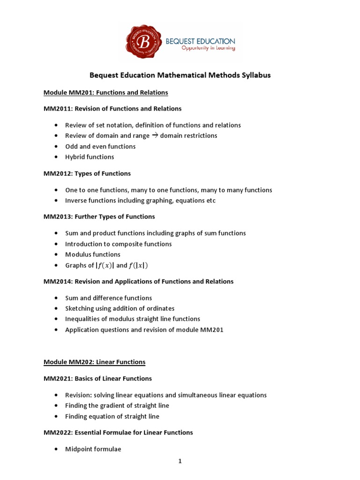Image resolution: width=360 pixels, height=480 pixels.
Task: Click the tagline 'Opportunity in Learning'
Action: [x=201, y=48]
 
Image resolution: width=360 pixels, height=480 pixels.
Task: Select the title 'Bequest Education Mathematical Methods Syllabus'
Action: [x=180, y=75]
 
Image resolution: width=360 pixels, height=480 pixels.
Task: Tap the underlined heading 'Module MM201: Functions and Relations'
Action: [x=105, y=92]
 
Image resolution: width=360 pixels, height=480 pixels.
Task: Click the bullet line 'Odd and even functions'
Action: [x=100, y=146]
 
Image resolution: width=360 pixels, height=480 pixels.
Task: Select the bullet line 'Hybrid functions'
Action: [x=90, y=157]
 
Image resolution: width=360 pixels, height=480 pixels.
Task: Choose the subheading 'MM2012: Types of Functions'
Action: [x=87, y=173]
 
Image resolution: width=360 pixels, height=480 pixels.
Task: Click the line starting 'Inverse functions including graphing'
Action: [x=140, y=201]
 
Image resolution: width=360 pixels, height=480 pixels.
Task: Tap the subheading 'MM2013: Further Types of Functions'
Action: [x=99, y=217]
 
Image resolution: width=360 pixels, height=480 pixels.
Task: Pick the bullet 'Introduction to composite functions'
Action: [x=118, y=244]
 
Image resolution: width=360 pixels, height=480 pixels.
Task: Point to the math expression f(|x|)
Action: [x=138, y=265]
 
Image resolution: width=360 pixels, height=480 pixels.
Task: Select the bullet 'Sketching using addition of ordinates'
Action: [x=120, y=308]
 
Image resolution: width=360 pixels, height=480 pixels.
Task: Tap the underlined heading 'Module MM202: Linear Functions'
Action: [x=94, y=362]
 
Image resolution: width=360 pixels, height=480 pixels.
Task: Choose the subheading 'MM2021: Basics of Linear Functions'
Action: [x=97, y=378]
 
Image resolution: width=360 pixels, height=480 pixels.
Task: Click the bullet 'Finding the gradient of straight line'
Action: [x=117, y=405]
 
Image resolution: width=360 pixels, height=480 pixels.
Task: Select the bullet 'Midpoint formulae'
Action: [x=93, y=449]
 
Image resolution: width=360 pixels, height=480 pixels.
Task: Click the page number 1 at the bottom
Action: [x=180, y=461]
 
